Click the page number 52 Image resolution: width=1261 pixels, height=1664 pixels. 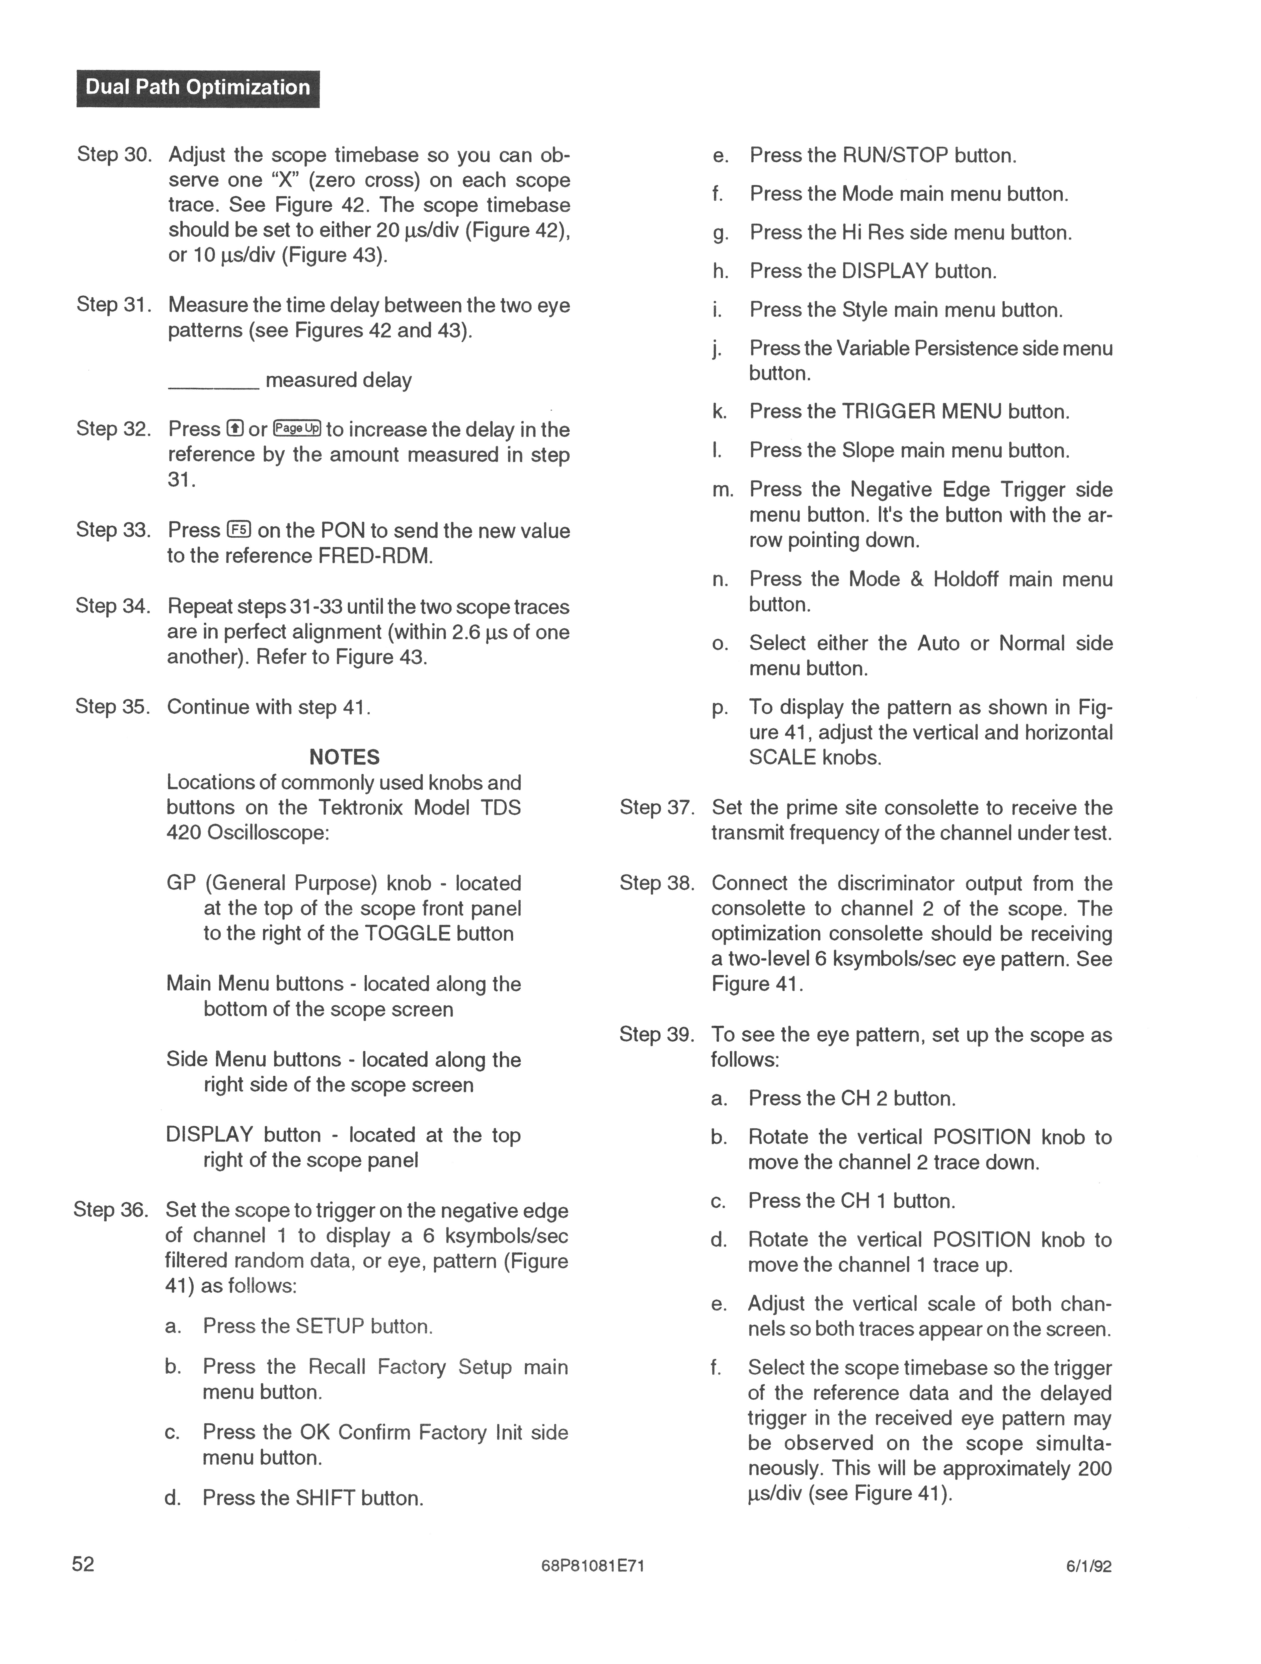tap(84, 1564)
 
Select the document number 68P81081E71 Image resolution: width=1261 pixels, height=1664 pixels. tap(592, 1566)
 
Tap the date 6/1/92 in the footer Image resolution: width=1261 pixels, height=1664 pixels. tap(1089, 1566)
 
